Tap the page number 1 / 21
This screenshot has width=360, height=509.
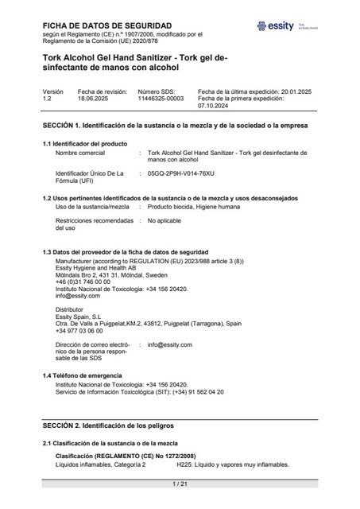coord(180,484)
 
